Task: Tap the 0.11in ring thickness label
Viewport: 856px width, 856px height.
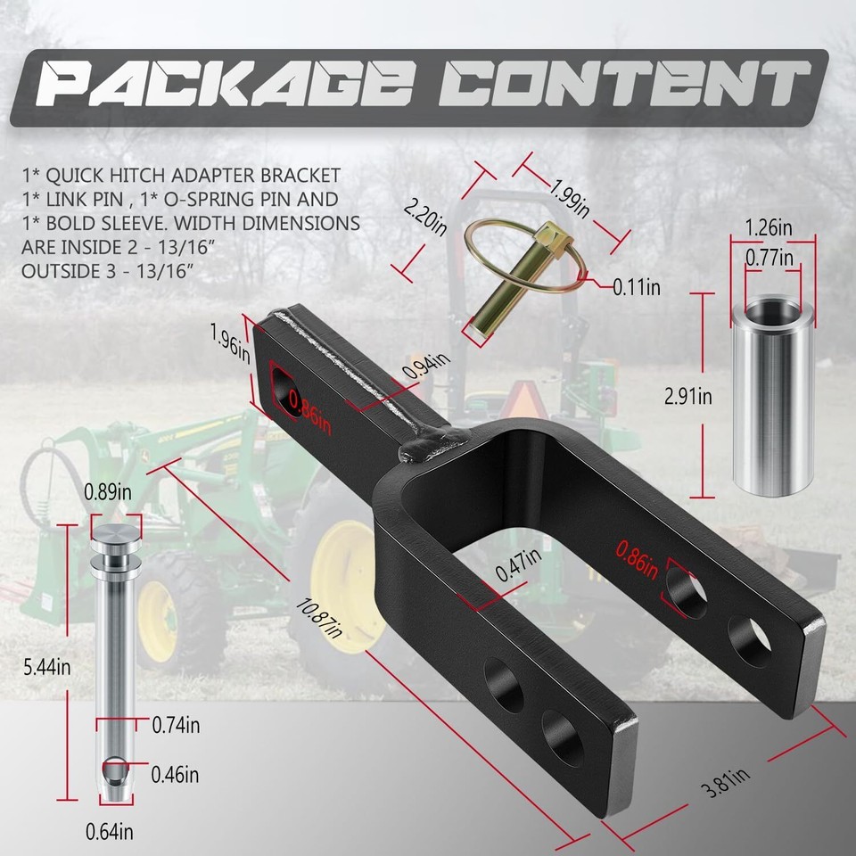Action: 636,286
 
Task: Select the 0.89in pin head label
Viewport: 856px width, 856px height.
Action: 108,491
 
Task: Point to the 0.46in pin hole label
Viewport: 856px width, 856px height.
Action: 175,773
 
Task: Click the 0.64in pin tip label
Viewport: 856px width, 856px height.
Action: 109,832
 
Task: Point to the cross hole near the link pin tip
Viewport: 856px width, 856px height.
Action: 114,766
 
